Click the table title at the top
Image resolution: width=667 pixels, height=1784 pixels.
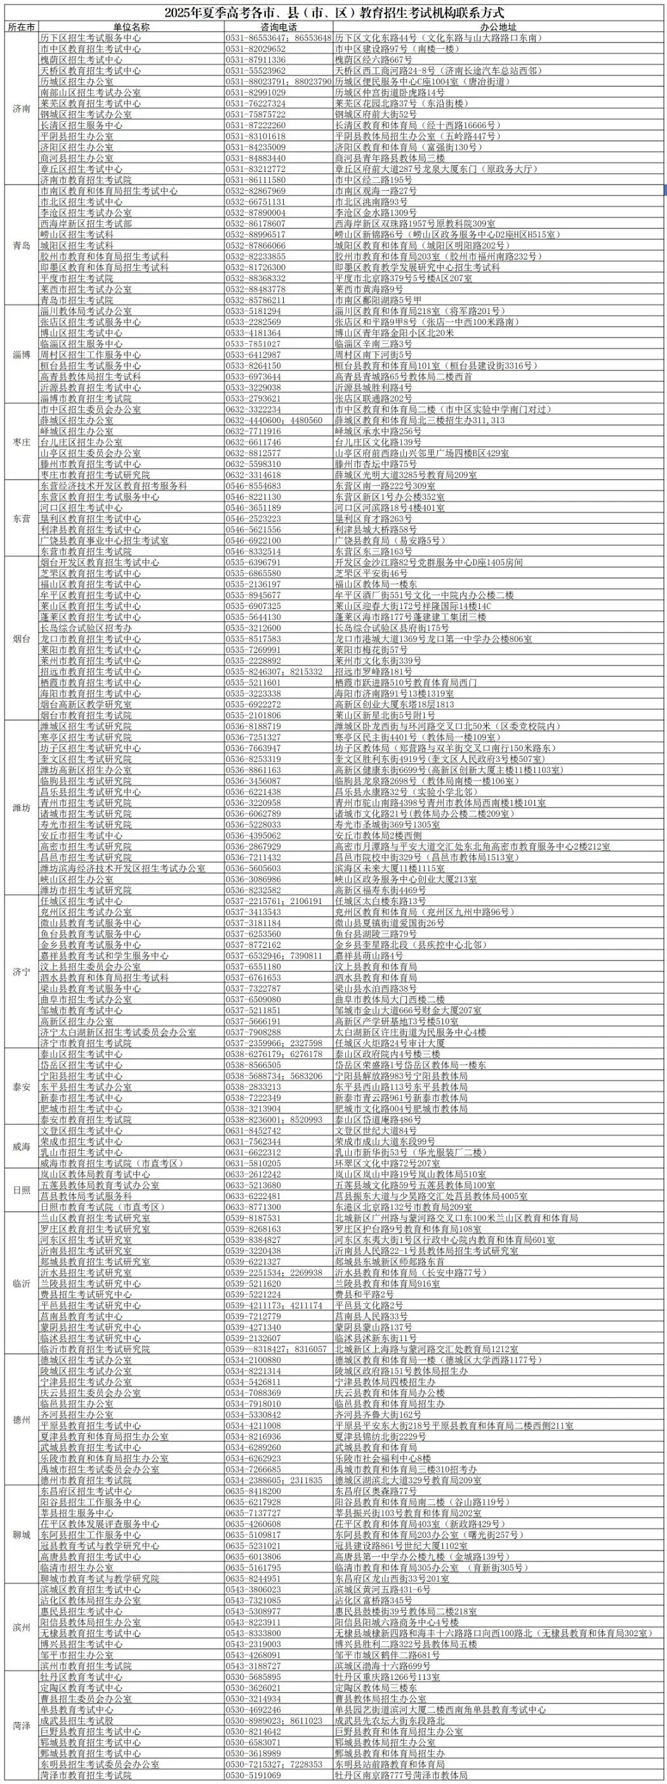pos(333,13)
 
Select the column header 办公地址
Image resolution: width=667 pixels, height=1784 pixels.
pos(498,27)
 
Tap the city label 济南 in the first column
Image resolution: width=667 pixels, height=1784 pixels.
pos(22,108)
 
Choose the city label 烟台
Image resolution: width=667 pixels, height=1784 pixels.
pos(22,638)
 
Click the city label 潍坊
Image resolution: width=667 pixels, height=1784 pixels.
pos(22,808)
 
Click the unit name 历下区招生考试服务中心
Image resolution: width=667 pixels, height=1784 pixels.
pos(90,38)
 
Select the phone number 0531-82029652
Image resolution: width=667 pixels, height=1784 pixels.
pos(256,49)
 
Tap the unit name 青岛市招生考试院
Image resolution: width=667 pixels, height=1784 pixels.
pos(76,300)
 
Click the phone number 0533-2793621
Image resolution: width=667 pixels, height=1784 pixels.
pos(253,398)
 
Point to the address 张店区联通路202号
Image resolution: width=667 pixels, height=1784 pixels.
pos(373,398)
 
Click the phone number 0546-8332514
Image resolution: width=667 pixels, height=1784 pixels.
pos(253,551)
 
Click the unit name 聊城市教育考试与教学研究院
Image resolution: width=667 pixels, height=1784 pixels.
pos(99,1559)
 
